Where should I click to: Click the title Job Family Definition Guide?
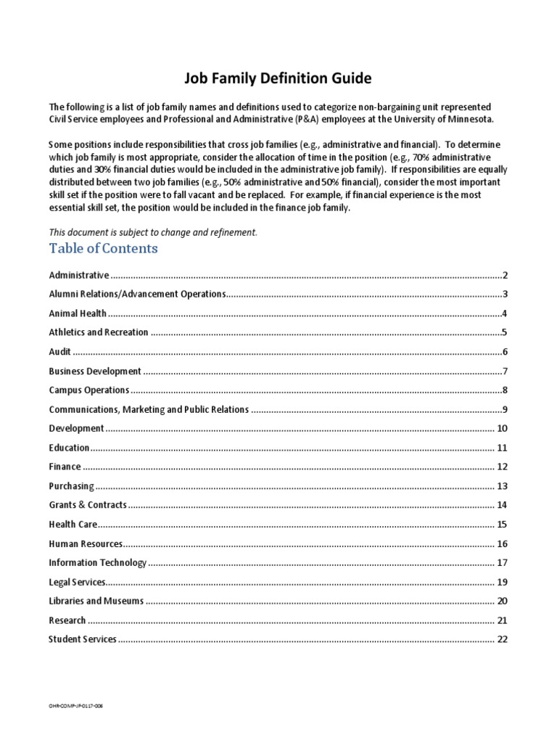[278, 78]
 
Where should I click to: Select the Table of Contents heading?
[103, 249]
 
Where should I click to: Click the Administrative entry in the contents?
[79, 276]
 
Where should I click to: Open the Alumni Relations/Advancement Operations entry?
[138, 295]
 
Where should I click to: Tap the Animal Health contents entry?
[78, 313]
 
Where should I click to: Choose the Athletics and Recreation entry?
[99, 332]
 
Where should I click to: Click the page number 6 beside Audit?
[504, 352]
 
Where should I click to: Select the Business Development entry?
[95, 371]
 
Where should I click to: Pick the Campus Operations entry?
[88, 390]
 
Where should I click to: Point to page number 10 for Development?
[501, 429]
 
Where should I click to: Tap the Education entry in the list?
[69, 448]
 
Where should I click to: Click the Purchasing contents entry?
[71, 486]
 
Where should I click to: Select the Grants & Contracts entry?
[88, 505]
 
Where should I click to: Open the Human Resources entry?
[86, 543]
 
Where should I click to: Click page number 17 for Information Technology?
[501, 563]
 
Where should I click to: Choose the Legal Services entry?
[78, 582]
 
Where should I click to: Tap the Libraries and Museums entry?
[96, 601]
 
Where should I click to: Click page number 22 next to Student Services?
[501, 639]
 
